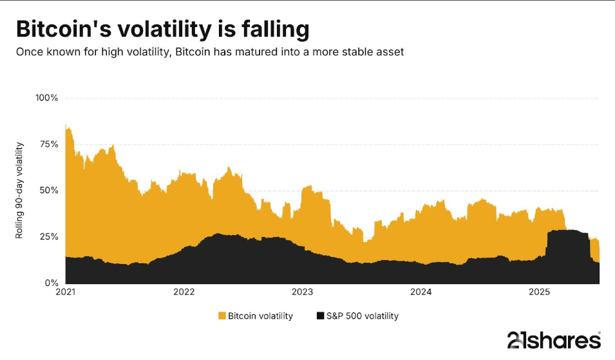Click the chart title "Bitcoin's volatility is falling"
[162, 30]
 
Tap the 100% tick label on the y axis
[46, 98]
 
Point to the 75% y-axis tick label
[48, 144]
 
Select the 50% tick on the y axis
[48, 191]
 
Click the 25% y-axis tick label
[48, 237]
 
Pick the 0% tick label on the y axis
[51, 283]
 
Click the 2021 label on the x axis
[66, 292]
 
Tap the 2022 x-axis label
[184, 292]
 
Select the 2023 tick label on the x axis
[303, 292]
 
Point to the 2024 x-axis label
[421, 292]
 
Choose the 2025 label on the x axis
[540, 292]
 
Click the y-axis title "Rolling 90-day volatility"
[20, 191]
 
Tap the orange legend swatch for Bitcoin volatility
[222, 316]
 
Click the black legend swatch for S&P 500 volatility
[320, 316]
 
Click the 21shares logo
[554, 339]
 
